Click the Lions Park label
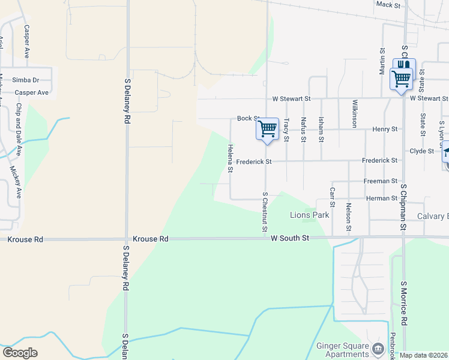(309, 215)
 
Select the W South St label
(289, 238)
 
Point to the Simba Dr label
(27, 80)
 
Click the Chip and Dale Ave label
(19, 129)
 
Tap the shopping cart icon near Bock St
(267, 128)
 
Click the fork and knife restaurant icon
(404, 65)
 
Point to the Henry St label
(385, 129)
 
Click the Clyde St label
(421, 151)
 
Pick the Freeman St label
(381, 181)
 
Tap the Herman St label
(382, 198)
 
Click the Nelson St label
(348, 217)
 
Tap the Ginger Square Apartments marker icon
(378, 348)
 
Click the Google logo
(20, 353)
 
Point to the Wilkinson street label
(355, 113)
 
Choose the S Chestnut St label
(264, 211)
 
